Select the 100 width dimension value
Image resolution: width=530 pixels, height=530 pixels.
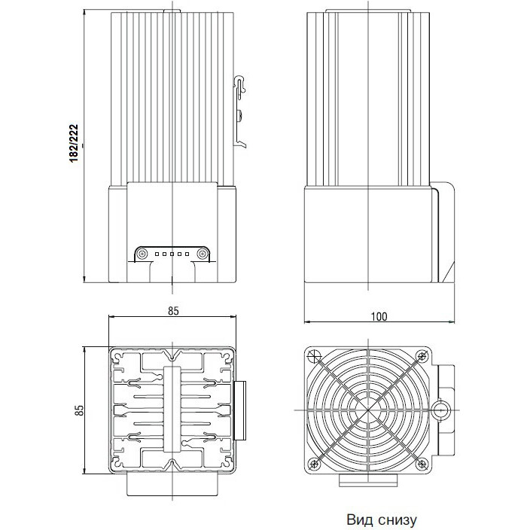tap(379, 317)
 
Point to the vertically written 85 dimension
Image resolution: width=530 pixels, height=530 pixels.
tap(78, 410)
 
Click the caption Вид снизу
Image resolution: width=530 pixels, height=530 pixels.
tap(381, 519)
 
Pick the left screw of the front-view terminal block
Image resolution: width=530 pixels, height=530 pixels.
tap(142, 254)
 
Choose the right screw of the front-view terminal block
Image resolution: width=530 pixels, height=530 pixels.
tap(201, 254)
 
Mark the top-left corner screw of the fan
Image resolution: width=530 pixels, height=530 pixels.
tap(315, 356)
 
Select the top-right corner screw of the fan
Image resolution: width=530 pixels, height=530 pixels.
tap(421, 356)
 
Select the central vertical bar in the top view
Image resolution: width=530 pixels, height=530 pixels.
tap(173, 410)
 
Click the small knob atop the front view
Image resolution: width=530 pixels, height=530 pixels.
tap(172, 8)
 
